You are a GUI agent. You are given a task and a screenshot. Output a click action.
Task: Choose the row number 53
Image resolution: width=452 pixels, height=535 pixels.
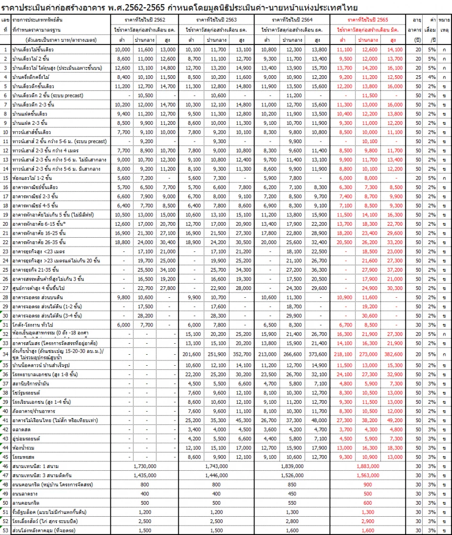5,529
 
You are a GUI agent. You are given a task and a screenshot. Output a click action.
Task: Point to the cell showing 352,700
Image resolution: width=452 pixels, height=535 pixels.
242,354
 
